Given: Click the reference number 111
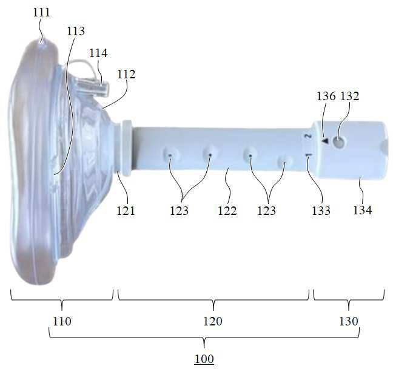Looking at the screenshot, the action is [42, 12].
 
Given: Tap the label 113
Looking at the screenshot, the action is [76, 31].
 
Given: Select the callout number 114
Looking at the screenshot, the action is [98, 53].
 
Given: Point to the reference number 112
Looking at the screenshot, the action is [126, 74].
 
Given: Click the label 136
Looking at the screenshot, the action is [326, 96].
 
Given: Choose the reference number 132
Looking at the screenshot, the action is [350, 96].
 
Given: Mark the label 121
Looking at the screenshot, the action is [126, 211].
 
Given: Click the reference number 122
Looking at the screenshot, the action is [227, 211].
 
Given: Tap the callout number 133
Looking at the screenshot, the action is [321, 211].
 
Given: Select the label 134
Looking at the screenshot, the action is [363, 210].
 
